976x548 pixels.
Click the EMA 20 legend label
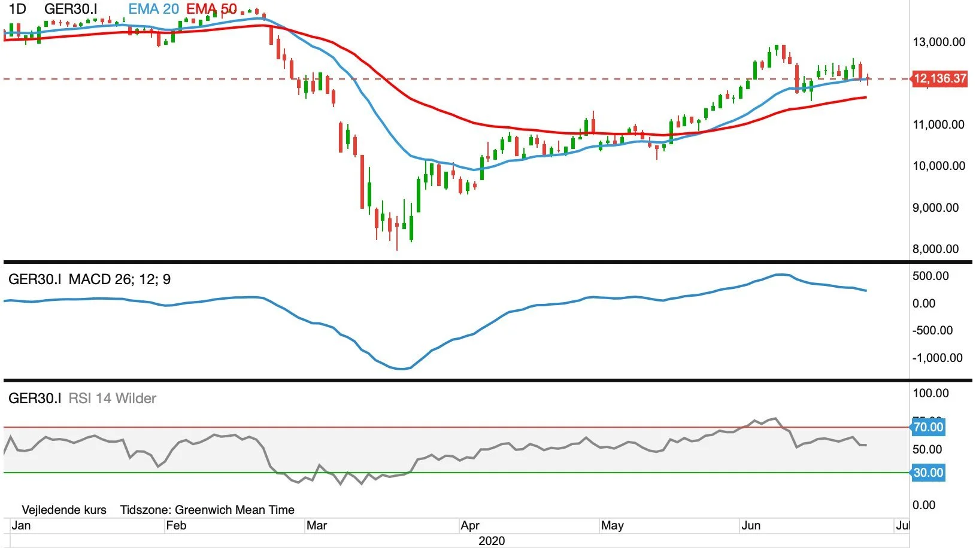[x=153, y=9]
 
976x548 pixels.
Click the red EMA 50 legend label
[x=212, y=9]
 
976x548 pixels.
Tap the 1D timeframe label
[x=18, y=9]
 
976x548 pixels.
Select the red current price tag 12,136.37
[x=940, y=79]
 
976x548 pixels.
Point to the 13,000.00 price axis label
[x=938, y=42]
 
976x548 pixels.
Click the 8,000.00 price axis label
[x=935, y=249]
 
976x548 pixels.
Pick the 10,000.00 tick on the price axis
[x=938, y=166]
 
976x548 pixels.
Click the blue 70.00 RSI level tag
[x=928, y=427]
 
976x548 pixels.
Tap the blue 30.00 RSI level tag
[x=928, y=473]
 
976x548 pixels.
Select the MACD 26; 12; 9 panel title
[x=119, y=279]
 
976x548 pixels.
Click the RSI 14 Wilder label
[x=113, y=398]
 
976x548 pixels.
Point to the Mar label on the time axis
[x=316, y=525]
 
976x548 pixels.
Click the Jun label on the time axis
[x=751, y=525]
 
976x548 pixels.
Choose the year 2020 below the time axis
[x=492, y=541]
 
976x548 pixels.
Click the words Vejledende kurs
[x=64, y=510]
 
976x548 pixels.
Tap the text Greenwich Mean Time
[x=234, y=510]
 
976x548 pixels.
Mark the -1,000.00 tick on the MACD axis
[x=937, y=358]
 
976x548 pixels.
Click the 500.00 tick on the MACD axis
[x=930, y=276]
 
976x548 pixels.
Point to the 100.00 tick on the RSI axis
[x=930, y=394]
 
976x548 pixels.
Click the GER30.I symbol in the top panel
[x=71, y=9]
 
